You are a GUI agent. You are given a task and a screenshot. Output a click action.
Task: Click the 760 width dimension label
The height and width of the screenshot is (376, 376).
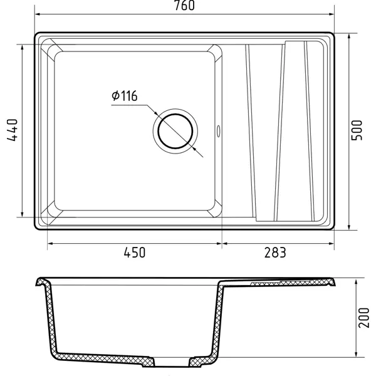184,5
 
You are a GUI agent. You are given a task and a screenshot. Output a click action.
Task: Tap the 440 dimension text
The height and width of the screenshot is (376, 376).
13,130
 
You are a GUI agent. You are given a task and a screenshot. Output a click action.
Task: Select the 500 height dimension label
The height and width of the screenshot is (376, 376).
357,130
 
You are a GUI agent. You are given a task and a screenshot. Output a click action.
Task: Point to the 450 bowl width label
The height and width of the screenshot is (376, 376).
135,253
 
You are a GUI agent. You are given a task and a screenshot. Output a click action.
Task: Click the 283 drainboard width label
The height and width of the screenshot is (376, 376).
275,253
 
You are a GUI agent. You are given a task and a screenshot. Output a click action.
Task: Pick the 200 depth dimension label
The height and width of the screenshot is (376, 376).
363,318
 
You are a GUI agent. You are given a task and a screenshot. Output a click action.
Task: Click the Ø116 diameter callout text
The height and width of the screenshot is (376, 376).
125,96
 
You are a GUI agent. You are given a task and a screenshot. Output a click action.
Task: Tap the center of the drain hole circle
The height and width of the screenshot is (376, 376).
175,131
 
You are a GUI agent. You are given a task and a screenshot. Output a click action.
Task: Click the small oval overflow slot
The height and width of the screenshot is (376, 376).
218,131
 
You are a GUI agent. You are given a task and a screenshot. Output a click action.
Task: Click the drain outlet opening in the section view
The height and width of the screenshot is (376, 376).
172,362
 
